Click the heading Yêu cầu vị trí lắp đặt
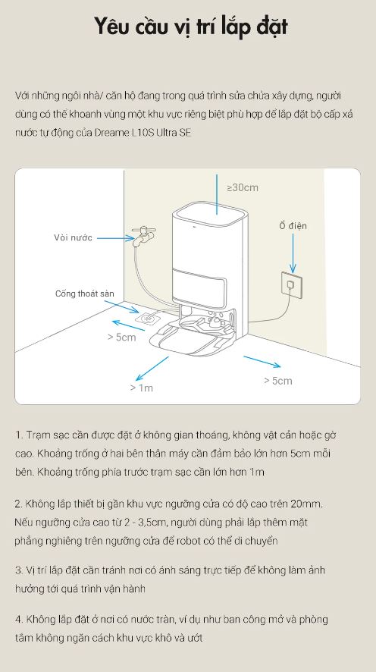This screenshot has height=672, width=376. click(x=190, y=27)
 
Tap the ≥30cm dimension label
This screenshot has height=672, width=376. click(x=243, y=187)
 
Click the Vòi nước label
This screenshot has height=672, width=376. click(x=74, y=237)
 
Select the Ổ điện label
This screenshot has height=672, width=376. click(x=293, y=225)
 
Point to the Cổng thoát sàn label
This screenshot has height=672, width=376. click(x=84, y=294)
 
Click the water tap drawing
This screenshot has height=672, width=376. click(x=143, y=236)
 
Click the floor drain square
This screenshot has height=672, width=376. click(x=147, y=319)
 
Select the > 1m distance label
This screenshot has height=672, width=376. click(x=141, y=388)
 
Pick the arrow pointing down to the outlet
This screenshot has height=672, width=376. click(x=293, y=253)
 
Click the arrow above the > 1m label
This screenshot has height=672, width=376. click(x=152, y=369)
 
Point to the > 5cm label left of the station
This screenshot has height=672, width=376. click(x=121, y=338)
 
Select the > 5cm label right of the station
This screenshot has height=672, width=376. click(x=278, y=381)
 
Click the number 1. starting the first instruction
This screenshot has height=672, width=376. click(x=19, y=435)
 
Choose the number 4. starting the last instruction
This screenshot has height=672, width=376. click(x=19, y=619)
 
